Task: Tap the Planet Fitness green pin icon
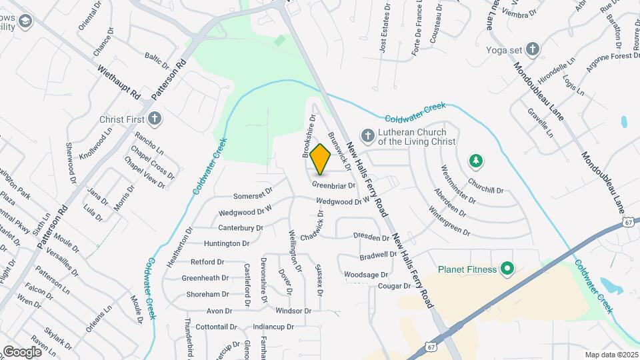(x=507, y=269)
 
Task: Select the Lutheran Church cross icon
(x=367, y=136)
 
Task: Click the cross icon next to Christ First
(x=155, y=119)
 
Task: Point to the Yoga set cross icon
(x=532, y=49)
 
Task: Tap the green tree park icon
(x=476, y=161)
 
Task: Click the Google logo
(x=22, y=351)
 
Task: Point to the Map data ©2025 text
(x=611, y=355)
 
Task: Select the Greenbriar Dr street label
(x=333, y=185)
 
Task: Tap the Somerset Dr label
(x=253, y=196)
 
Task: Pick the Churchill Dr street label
(x=485, y=185)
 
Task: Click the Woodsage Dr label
(x=366, y=275)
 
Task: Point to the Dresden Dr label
(x=371, y=237)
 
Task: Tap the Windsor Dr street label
(x=293, y=311)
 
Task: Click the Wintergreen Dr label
(x=449, y=224)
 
